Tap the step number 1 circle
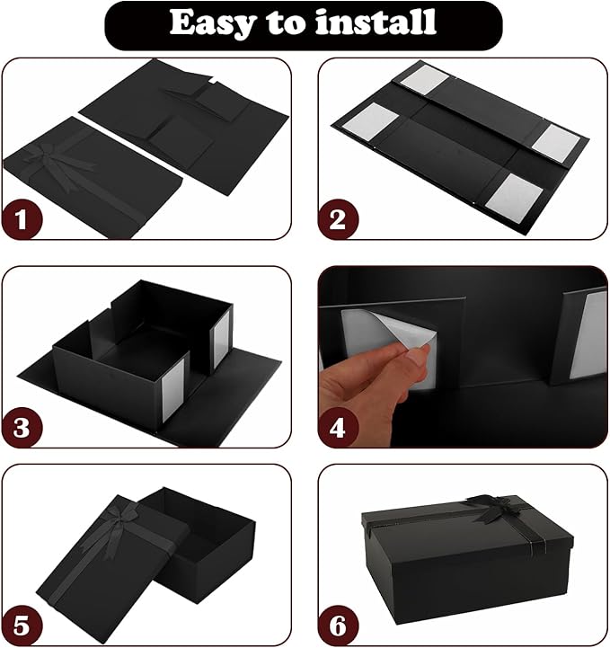tap(22, 219)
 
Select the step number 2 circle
tap(338, 219)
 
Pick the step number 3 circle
tap(22, 427)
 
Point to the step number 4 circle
tap(338, 427)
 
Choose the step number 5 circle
tap(22, 626)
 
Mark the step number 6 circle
tap(338, 626)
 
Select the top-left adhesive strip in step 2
tap(424, 80)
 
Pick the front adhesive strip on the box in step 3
tap(173, 391)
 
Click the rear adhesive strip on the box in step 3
tap(221, 340)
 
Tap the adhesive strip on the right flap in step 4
tap(588, 334)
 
